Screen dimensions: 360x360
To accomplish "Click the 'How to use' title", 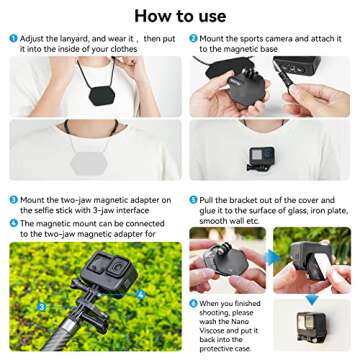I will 179,15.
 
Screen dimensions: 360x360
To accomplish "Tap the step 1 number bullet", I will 13,38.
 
